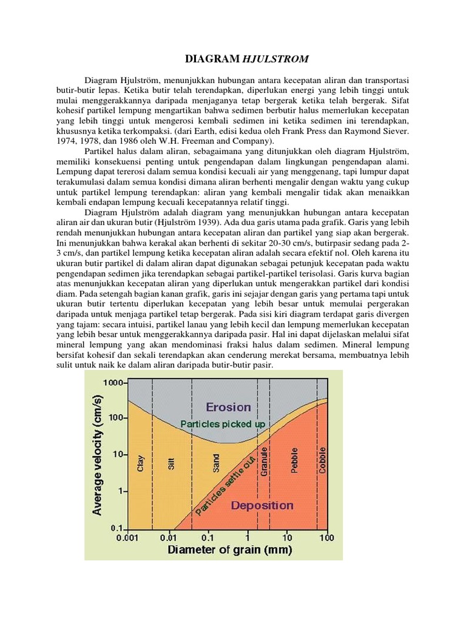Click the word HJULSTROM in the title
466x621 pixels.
[276, 59]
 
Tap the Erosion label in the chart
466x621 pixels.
[228, 407]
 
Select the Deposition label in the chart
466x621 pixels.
[262, 505]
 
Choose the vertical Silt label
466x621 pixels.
[172, 464]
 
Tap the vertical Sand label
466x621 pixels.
[217, 464]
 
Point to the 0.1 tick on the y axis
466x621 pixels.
[116, 528]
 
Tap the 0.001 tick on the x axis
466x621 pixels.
[127, 538]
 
